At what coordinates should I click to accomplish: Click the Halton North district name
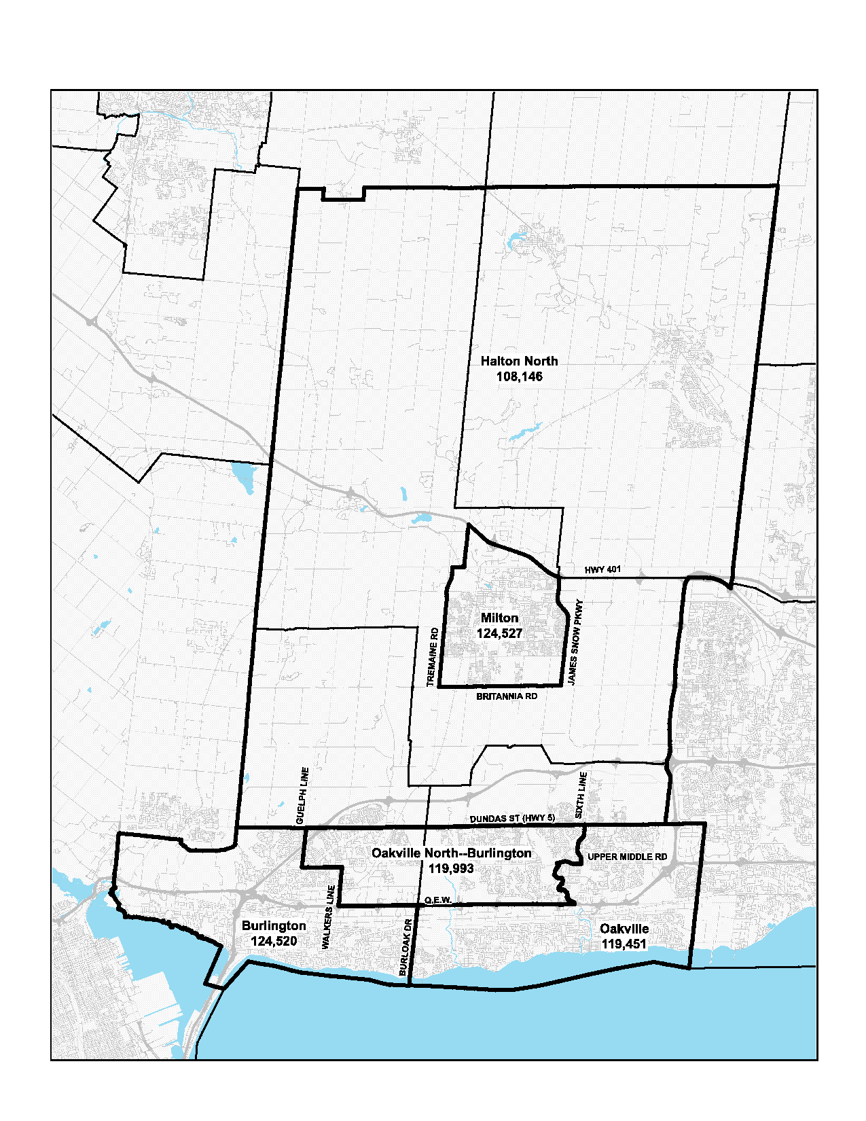click(x=519, y=361)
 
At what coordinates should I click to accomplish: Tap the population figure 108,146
click(x=519, y=377)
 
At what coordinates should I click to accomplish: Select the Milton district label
click(x=499, y=618)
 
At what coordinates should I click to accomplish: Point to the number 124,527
click(x=499, y=634)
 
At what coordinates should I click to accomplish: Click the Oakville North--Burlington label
click(x=451, y=853)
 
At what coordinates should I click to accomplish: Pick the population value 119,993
click(x=451, y=869)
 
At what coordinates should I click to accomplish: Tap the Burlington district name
click(x=274, y=926)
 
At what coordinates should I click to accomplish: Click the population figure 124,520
click(x=274, y=942)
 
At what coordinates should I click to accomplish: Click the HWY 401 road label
click(x=602, y=569)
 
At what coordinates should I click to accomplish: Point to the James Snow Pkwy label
click(x=575, y=642)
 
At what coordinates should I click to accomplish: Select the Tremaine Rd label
click(x=431, y=657)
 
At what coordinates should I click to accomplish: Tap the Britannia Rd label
click(x=507, y=696)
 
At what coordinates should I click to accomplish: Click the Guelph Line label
click(x=304, y=796)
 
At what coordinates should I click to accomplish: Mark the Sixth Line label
click(x=581, y=795)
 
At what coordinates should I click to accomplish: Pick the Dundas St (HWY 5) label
click(x=512, y=819)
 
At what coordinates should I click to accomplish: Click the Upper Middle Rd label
click(x=627, y=857)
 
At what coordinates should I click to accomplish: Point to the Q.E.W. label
click(x=438, y=900)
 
